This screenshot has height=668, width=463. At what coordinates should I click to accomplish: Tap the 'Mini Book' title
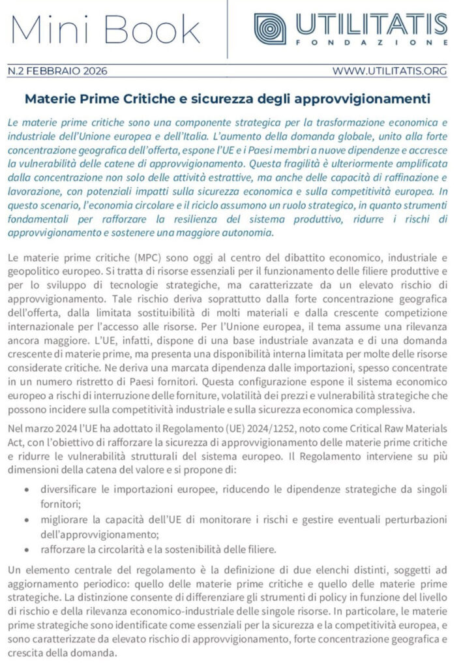pos(106,29)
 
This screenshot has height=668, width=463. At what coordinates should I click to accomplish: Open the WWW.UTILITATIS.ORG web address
pos(389,70)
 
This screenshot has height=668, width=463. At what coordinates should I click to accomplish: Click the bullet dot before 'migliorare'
pos(25,519)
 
